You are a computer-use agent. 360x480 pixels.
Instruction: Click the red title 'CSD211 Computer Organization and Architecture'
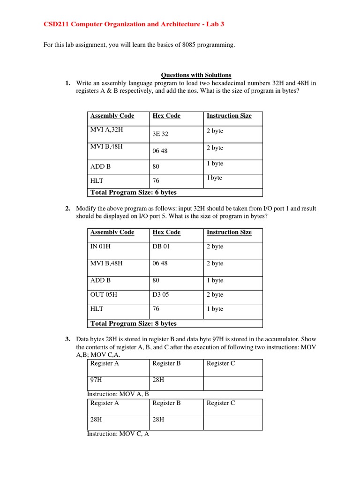[117, 24]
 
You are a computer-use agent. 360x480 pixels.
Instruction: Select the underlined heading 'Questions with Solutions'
[196, 75]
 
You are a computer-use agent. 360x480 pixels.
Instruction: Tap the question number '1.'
[68, 83]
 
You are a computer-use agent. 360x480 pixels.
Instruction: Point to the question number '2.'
[68, 208]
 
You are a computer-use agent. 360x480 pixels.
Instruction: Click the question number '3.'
[68, 338]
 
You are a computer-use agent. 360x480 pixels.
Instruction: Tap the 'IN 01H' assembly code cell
[101, 246]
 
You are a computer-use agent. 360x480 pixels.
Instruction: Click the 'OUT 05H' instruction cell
[104, 294]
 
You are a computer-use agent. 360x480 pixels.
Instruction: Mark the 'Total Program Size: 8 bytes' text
[134, 323]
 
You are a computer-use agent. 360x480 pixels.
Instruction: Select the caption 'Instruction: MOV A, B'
[118, 394]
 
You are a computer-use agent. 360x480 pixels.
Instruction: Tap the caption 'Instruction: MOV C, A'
[118, 434]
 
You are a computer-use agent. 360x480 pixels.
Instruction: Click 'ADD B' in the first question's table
[100, 166]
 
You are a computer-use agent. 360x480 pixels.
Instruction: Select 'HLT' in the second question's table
[97, 309]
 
